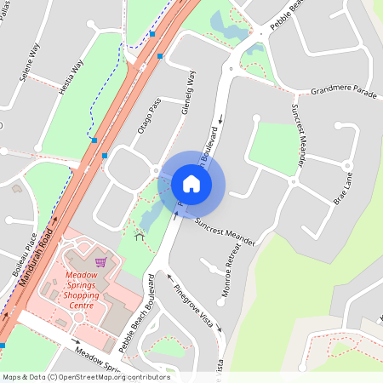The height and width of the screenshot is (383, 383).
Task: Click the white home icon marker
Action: pyautogui.click(x=191, y=183)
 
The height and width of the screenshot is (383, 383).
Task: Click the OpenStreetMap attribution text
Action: pyautogui.click(x=86, y=377)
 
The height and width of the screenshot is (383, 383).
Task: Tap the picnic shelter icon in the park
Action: pyautogui.click(x=139, y=234)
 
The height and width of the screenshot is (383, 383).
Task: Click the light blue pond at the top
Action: pyautogui.click(x=228, y=26)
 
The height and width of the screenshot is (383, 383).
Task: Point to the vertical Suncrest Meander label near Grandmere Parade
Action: pyautogui.click(x=297, y=136)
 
